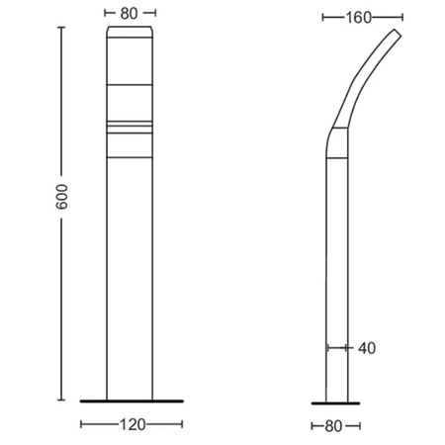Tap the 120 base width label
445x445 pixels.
[x=133, y=424]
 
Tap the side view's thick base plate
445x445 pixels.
[x=336, y=402]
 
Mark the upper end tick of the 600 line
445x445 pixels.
[x=61, y=28]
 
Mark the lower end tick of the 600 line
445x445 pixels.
[x=61, y=400]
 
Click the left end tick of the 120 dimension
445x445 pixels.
[x=81, y=424]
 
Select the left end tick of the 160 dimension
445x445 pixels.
[x=323, y=17]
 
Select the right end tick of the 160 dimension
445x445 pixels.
[x=403, y=17]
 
